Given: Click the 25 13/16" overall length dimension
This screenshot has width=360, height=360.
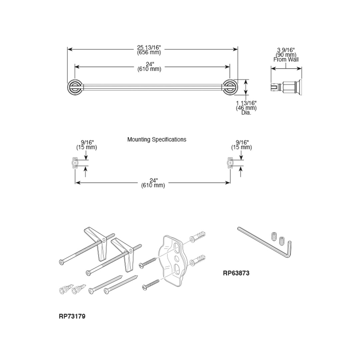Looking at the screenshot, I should (149, 50).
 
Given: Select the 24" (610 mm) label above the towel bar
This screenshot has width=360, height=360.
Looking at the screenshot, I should (149, 67).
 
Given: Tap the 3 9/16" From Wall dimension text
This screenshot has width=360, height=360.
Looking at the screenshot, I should (286, 55).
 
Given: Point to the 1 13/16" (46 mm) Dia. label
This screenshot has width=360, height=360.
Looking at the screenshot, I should (246, 108).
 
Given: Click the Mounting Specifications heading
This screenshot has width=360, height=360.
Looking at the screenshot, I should (157, 139).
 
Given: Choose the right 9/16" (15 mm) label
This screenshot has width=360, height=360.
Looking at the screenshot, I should (242, 145).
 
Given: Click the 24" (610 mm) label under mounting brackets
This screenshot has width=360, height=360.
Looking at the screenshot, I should (153, 183).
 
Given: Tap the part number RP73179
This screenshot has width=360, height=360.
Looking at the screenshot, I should (72, 316).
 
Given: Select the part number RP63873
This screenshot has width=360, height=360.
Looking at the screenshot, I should (236, 273).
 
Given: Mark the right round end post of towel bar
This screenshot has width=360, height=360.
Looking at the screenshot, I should (229, 88).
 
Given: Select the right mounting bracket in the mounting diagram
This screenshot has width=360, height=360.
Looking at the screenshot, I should (230, 163).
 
